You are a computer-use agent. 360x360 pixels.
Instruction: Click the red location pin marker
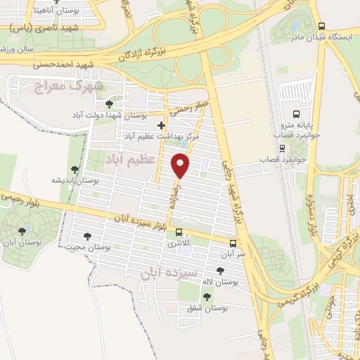[x=181, y=166]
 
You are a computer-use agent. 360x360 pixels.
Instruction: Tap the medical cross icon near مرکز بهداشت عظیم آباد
[x=161, y=125]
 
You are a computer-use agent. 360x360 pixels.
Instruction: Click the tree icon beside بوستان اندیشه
[x=75, y=169]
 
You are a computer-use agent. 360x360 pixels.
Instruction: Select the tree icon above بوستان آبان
[x=23, y=230]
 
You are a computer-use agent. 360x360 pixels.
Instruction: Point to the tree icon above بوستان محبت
[x=87, y=236]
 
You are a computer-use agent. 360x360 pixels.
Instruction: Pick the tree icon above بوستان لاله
[x=220, y=271]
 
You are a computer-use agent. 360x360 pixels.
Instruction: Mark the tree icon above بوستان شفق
[x=206, y=297]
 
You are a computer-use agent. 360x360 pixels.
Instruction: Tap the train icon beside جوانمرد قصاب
[x=282, y=148]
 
